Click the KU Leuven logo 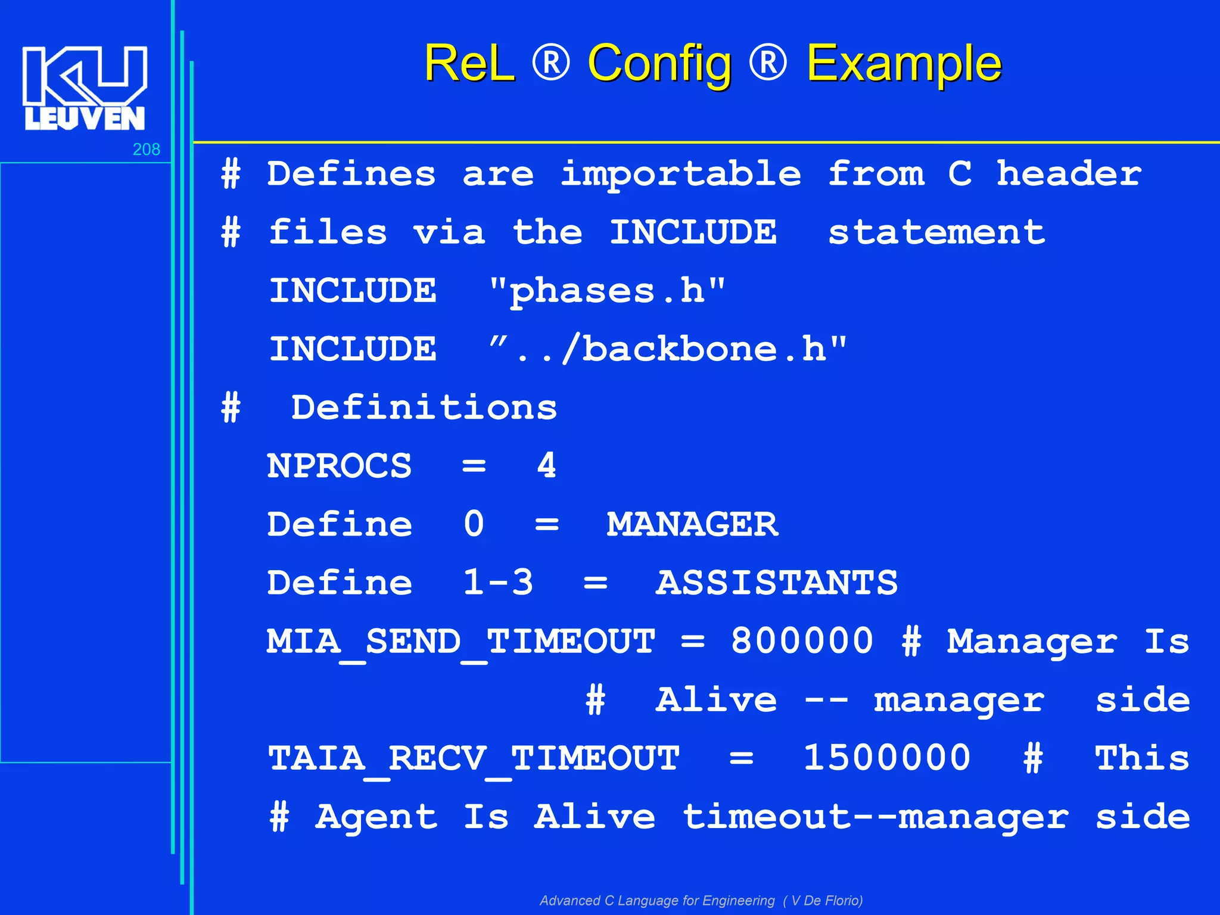pos(85,88)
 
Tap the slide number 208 pos(146,150)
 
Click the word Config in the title pos(659,64)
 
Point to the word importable pos(681,174)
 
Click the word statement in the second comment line pos(936,232)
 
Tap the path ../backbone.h pos(668,349)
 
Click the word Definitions pos(424,408)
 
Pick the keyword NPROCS pos(340,466)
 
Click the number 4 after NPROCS pos(547,466)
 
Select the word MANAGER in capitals pos(692,524)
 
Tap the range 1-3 pos(498,583)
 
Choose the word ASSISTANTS pos(777,583)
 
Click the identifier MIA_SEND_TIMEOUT pos(461,642)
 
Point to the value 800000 pos(802,641)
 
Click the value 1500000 pos(887,758)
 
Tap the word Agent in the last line pos(376,817)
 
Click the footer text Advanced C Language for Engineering pos(657,900)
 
